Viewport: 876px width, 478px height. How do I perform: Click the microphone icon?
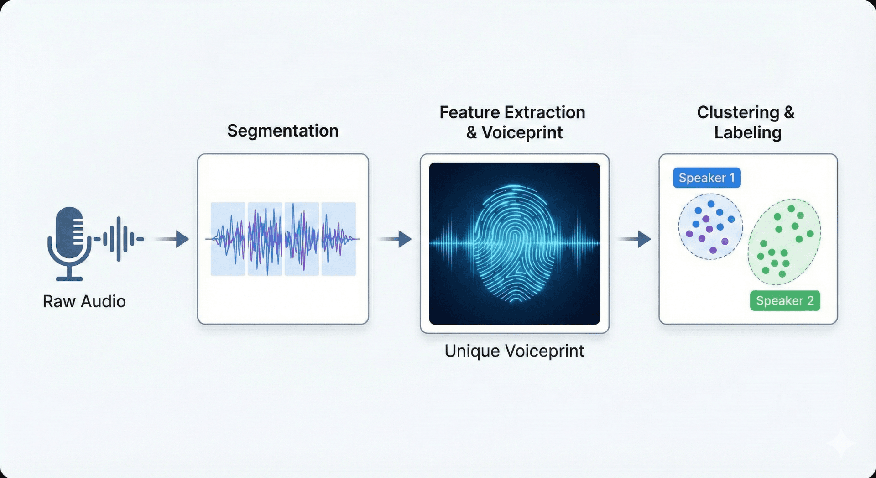click(69, 237)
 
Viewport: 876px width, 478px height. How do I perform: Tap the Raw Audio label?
click(84, 302)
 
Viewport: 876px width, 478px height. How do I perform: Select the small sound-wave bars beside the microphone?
click(120, 239)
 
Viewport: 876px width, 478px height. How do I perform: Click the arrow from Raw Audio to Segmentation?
click(173, 239)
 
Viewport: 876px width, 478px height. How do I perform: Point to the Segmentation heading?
click(283, 131)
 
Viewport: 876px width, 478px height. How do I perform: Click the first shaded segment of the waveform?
click(228, 239)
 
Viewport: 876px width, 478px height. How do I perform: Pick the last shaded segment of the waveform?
click(339, 239)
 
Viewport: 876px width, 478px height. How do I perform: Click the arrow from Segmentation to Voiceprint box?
click(396, 239)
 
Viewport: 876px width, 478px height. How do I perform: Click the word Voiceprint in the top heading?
click(522, 133)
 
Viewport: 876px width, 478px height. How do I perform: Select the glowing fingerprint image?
click(515, 243)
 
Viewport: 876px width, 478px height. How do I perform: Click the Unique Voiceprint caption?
click(514, 351)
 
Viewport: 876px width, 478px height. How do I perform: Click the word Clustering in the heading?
click(738, 113)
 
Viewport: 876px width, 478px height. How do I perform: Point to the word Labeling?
click(748, 133)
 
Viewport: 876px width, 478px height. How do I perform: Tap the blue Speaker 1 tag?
click(707, 178)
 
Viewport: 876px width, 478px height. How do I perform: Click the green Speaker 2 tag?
click(785, 301)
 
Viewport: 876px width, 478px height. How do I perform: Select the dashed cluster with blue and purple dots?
click(710, 227)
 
